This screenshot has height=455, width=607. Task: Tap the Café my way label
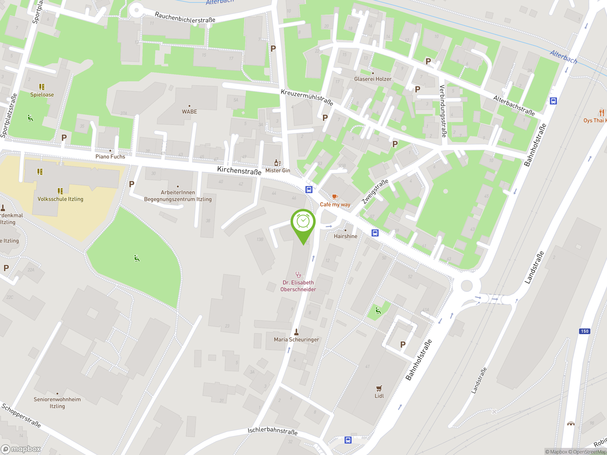[x=335, y=205]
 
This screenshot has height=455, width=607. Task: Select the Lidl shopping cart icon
[x=379, y=388]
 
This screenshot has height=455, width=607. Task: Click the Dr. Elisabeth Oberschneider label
[x=298, y=286]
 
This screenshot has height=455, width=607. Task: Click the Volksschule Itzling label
[x=60, y=199]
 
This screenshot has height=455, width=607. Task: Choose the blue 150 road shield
[x=584, y=331]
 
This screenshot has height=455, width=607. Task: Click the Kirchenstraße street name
[x=239, y=171]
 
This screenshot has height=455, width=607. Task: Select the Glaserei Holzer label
[x=373, y=79]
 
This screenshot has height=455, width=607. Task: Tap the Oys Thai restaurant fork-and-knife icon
[x=602, y=113]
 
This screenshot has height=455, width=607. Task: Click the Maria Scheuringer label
[x=296, y=340]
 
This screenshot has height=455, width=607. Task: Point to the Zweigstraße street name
[x=375, y=191]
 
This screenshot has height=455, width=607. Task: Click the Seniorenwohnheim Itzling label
[x=57, y=403]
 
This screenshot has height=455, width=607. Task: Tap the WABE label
[x=189, y=112]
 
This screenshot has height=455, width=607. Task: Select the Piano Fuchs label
[x=110, y=157]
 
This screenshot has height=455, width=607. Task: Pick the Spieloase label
[x=42, y=95]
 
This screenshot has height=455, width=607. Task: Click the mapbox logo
[x=21, y=449]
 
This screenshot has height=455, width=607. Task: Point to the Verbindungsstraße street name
[x=443, y=111]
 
